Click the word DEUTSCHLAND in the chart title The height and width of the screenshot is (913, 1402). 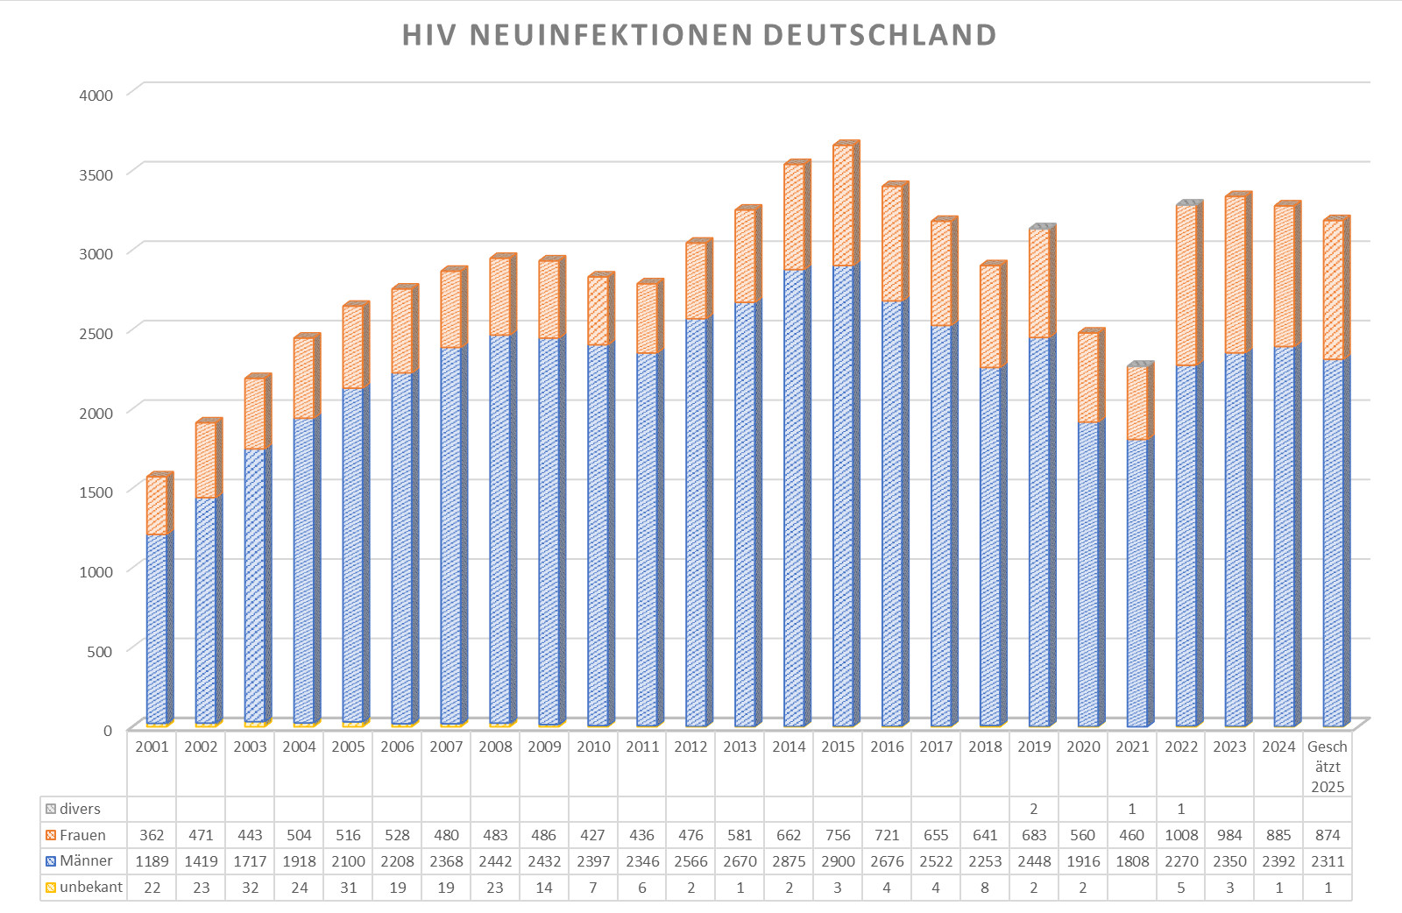pyautogui.click(x=879, y=35)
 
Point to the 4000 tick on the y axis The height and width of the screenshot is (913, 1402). pyautogui.click(x=96, y=95)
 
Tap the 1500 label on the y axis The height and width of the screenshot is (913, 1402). pyautogui.click(x=96, y=492)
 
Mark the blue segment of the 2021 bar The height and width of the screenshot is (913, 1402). pyautogui.click(x=1136, y=583)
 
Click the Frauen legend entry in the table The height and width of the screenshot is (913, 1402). pyautogui.click(x=82, y=835)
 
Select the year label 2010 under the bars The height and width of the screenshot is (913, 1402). pyautogui.click(x=593, y=747)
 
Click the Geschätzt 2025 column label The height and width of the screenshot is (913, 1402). pyautogui.click(x=1328, y=766)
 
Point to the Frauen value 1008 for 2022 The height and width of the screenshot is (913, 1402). pyautogui.click(x=1181, y=835)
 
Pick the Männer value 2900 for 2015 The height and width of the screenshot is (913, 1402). pyautogui.click(x=838, y=861)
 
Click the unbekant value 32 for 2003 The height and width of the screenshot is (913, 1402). pyautogui.click(x=250, y=888)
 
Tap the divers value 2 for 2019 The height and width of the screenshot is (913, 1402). pyautogui.click(x=1034, y=809)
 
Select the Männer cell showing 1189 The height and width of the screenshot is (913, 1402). pyautogui.click(x=152, y=861)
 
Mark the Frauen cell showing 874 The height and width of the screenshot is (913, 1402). pyautogui.click(x=1328, y=835)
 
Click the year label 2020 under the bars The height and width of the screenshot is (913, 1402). pyautogui.click(x=1083, y=747)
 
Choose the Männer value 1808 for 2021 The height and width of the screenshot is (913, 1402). pyautogui.click(x=1132, y=861)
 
